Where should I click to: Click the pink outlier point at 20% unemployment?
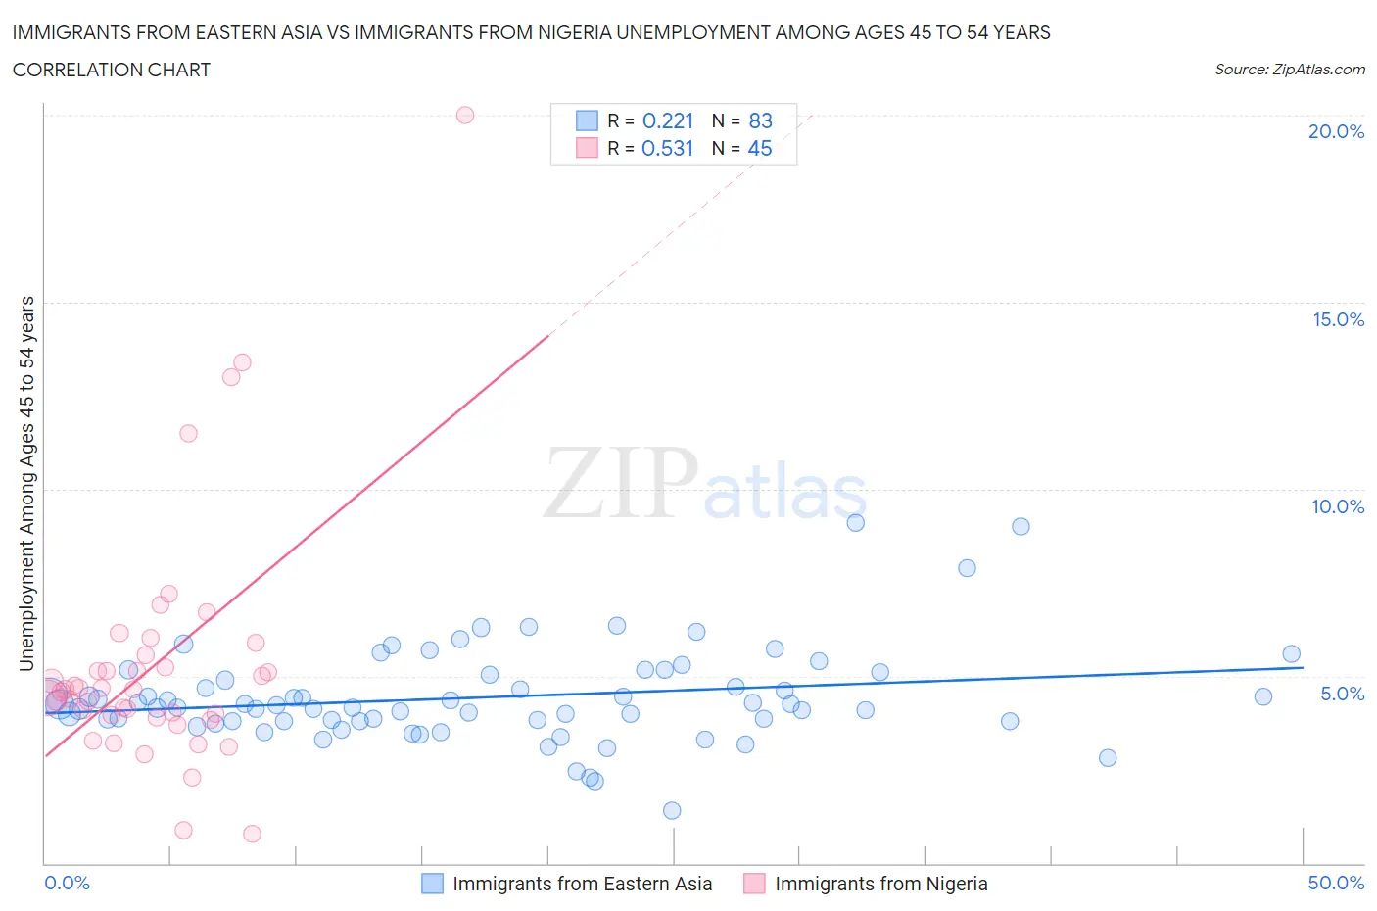(465, 115)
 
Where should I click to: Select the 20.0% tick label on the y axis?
(1336, 131)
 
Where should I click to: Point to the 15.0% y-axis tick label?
(1338, 319)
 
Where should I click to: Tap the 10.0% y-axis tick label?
(1338, 506)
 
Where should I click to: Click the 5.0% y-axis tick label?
(1342, 694)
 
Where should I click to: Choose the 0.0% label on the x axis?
(67, 883)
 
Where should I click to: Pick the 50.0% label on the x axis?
(1336, 883)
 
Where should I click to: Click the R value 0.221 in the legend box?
(668, 120)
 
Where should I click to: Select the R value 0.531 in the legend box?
(668, 148)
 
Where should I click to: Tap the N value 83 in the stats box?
(760, 120)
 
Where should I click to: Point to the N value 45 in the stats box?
(760, 148)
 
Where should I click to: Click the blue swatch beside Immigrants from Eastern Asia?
(432, 884)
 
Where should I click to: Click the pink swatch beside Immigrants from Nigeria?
(754, 884)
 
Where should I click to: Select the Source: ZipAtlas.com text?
(1289, 70)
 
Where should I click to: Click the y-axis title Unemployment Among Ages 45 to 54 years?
(26, 483)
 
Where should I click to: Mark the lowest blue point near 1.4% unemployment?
(672, 810)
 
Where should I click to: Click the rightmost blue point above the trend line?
(1291, 654)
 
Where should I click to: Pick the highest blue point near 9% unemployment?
(855, 522)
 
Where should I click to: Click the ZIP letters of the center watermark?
(620, 482)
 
